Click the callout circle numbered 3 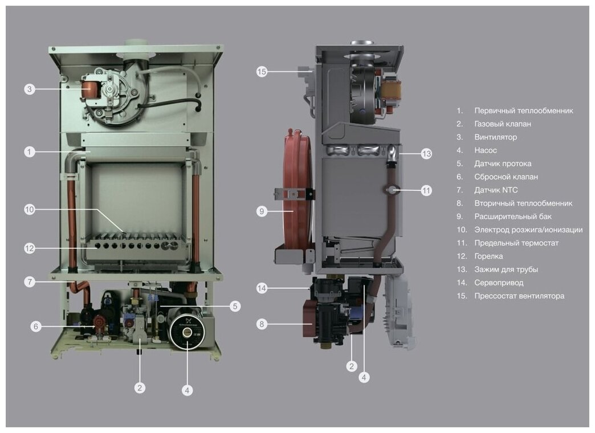pos(30,89)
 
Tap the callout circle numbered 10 pos(30,210)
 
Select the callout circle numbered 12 pos(30,248)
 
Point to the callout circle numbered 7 pos(30,281)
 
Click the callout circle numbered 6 pos(36,326)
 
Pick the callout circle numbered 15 pos(262,72)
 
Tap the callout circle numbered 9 pos(262,211)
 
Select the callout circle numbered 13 pos(426,153)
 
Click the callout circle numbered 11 pos(426,190)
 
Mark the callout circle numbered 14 pos(262,288)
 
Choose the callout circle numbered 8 pos(262,324)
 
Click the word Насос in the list pos(485,150)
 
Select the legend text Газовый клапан pos(502,124)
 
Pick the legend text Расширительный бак pos(512,217)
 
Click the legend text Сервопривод pos(498,283)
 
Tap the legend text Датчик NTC pos(496,190)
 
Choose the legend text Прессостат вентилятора pos(519,296)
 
